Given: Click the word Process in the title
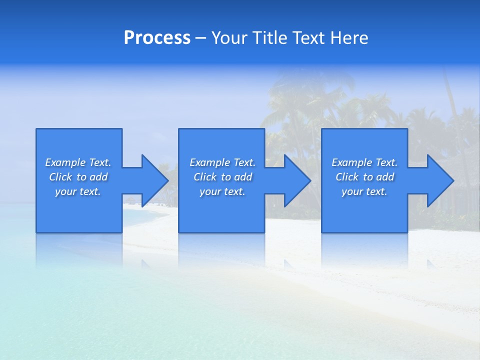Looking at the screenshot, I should point(157,38).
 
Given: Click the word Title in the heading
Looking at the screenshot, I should point(270,38).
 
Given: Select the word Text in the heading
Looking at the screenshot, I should point(309,38).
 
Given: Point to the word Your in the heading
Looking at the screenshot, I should point(230,38).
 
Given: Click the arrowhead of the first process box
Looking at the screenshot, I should point(155,180).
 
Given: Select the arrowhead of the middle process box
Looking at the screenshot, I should point(297,180).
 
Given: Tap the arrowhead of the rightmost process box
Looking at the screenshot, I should point(440,180).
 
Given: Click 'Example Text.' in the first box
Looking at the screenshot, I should point(78,162).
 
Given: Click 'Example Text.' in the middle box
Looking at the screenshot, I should point(222,162).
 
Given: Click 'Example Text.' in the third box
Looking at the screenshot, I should point(364,162).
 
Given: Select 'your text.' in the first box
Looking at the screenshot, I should point(78,191).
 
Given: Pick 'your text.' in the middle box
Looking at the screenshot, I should point(222,191).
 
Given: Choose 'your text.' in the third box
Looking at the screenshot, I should point(364,191).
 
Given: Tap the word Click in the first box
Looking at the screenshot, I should point(60,177).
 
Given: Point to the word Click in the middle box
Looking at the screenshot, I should point(204,177).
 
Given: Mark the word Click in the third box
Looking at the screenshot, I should point(347,177).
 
